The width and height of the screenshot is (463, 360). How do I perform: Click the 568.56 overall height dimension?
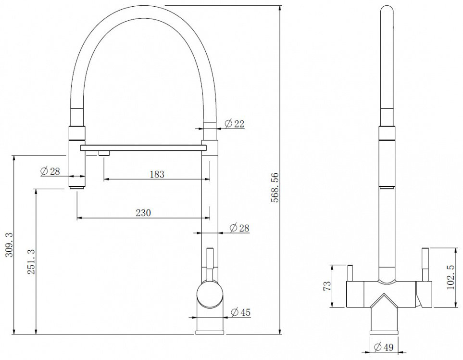275,187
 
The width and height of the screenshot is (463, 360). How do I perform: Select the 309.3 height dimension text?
9,244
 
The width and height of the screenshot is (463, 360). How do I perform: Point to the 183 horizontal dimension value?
157,174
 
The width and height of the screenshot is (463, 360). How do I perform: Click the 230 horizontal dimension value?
143,213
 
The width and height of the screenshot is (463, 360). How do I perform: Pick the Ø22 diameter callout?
235,124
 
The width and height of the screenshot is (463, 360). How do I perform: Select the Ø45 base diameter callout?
240,312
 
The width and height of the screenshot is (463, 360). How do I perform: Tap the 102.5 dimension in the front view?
450,277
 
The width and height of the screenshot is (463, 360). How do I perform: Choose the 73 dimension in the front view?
327,286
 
